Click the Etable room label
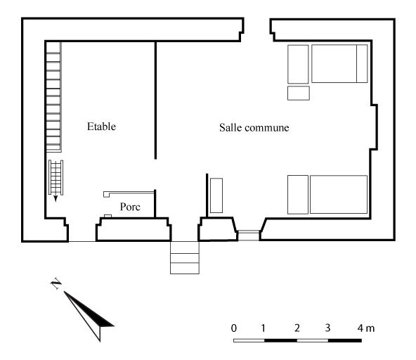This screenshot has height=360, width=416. click(101, 127)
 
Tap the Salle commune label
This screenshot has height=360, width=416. click(254, 128)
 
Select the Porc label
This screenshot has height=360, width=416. click(130, 207)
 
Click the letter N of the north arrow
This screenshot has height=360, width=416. click(56, 284)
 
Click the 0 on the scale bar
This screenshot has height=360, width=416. click(234, 328)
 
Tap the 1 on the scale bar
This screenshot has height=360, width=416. click(263, 328)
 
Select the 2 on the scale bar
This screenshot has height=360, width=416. click(297, 328)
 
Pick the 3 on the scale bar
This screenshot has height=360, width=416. click(327, 328)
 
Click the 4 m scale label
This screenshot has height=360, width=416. click(366, 328)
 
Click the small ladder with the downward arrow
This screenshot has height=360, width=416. click(56, 177)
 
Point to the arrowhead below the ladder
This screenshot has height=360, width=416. click(56, 198)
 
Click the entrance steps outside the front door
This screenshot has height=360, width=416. click(185, 257)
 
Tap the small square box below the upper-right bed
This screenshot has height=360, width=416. click(299, 93)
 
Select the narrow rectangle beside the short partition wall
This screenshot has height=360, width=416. click(216, 195)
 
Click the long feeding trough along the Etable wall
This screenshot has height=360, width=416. click(54, 97)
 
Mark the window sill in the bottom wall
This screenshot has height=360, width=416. click(249, 236)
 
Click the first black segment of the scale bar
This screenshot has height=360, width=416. click(280, 340)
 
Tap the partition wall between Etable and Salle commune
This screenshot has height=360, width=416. click(155, 101)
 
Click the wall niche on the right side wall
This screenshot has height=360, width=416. click(374, 127)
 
